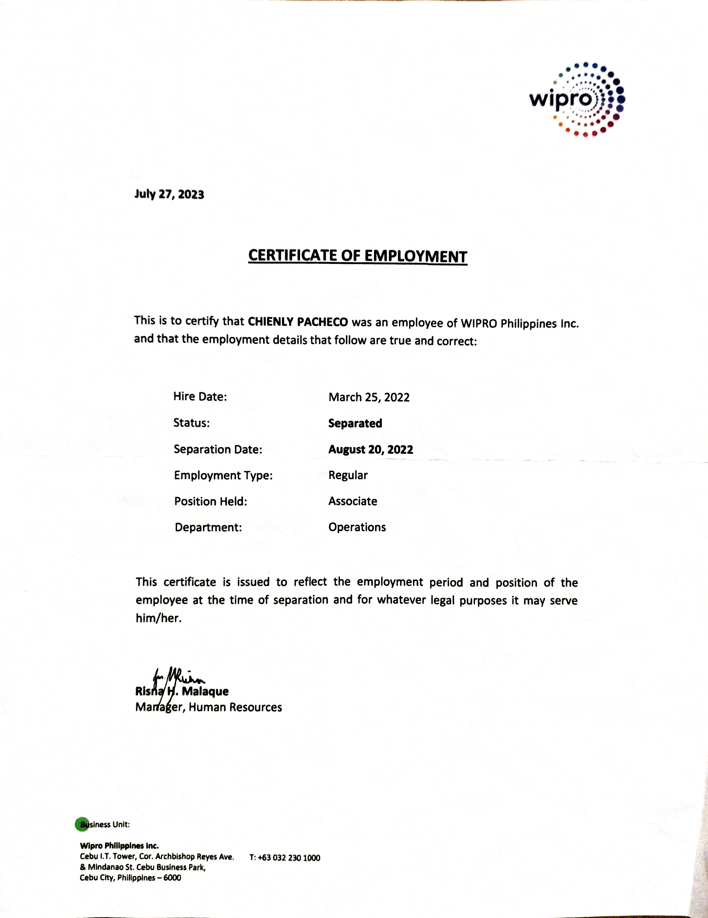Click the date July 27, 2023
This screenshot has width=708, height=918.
pyautogui.click(x=169, y=194)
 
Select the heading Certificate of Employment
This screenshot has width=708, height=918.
pyautogui.click(x=357, y=256)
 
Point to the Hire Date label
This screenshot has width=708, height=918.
pyautogui.click(x=200, y=396)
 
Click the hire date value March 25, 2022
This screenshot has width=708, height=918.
pyautogui.click(x=369, y=397)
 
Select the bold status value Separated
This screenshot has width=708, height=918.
pyautogui.click(x=355, y=423)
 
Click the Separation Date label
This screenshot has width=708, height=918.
pyautogui.click(x=218, y=449)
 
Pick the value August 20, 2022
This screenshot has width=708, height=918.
pyautogui.click(x=370, y=449)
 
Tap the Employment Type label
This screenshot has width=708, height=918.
pyautogui.click(x=223, y=475)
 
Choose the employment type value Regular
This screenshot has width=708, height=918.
pyautogui.click(x=348, y=475)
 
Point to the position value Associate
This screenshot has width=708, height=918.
pyautogui.click(x=353, y=501)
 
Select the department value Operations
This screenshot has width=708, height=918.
pyautogui.click(x=357, y=527)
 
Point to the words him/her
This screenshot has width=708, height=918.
pyautogui.click(x=158, y=619)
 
